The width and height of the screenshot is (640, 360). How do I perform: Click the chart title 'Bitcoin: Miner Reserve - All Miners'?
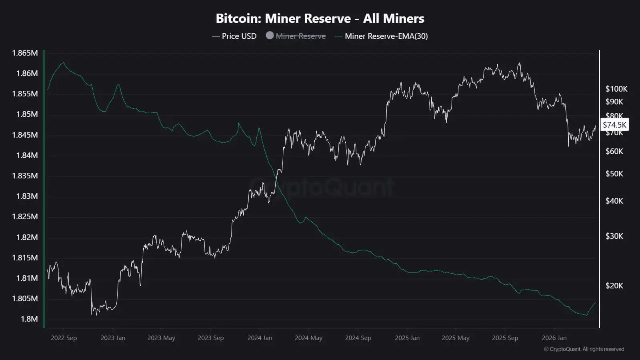[320, 18]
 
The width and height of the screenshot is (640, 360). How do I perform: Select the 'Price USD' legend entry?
[239, 36]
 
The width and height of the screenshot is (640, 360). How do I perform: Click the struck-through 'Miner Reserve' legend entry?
[300, 36]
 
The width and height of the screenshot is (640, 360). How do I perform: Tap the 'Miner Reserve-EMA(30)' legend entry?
[386, 36]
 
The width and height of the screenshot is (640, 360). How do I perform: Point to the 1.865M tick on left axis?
[25, 53]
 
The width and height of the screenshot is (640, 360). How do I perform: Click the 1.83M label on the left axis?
[27, 196]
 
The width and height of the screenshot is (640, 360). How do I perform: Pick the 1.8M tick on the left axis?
[29, 319]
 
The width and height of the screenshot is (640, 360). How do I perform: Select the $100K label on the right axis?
[616, 89]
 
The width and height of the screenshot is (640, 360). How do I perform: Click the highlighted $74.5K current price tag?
[614, 125]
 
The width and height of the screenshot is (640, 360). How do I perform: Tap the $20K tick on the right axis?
[614, 286]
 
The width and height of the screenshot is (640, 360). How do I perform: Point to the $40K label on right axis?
[614, 201]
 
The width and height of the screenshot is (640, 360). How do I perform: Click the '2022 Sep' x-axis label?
[64, 338]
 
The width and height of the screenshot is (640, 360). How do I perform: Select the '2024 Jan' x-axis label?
[260, 338]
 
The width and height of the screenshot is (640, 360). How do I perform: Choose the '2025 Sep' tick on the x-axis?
[505, 338]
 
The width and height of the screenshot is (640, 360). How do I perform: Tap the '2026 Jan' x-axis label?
[554, 338]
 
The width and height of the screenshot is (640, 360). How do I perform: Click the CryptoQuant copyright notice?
[584, 349]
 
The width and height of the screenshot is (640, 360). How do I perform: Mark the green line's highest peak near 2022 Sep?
[63, 63]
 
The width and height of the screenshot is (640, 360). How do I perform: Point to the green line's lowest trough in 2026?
[586, 315]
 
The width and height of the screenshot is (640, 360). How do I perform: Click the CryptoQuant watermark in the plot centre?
[322, 186]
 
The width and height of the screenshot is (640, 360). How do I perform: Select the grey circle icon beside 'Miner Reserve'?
[270, 36]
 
